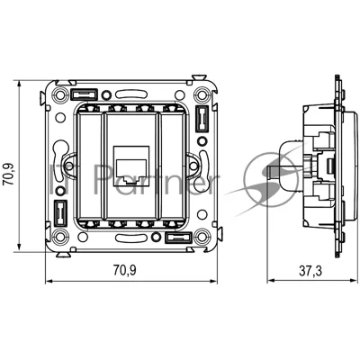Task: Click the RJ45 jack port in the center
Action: pos(131,170)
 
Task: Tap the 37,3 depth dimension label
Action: pos(310,271)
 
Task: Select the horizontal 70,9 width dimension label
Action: pos(124,271)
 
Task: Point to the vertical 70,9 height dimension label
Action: pos(8,174)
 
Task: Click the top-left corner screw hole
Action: pos(59,94)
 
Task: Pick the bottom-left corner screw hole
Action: pos(59,237)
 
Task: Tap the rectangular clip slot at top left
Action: pos(84,94)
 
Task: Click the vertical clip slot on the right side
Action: pos(202,119)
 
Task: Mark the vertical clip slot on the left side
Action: pos(60,213)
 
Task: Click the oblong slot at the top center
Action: pos(130,94)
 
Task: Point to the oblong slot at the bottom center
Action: pos(130,238)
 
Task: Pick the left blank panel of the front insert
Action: pos(89,165)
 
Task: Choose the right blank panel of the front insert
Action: pos(172,165)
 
